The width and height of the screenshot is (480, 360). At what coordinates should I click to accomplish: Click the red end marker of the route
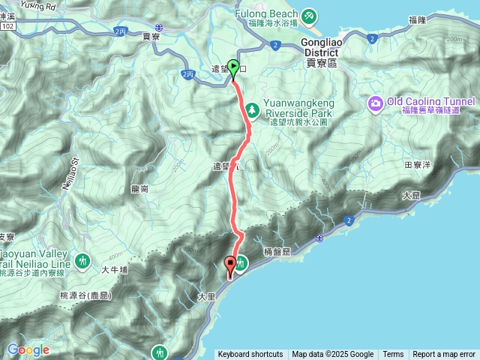click(x=230, y=265)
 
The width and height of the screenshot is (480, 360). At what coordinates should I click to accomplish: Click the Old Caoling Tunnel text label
click(x=430, y=102)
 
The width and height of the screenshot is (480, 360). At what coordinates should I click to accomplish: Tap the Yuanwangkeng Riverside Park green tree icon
click(x=253, y=109)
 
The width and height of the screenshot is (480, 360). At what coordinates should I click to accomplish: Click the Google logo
click(x=28, y=349)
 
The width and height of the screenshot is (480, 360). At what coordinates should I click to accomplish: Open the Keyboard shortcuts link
click(x=250, y=355)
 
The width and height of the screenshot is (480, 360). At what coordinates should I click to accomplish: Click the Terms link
click(x=393, y=355)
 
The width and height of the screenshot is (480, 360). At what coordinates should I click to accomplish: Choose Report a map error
click(x=444, y=355)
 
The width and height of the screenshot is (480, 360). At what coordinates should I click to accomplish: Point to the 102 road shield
click(x=8, y=25)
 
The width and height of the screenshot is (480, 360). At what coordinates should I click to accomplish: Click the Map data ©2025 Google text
click(x=333, y=355)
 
